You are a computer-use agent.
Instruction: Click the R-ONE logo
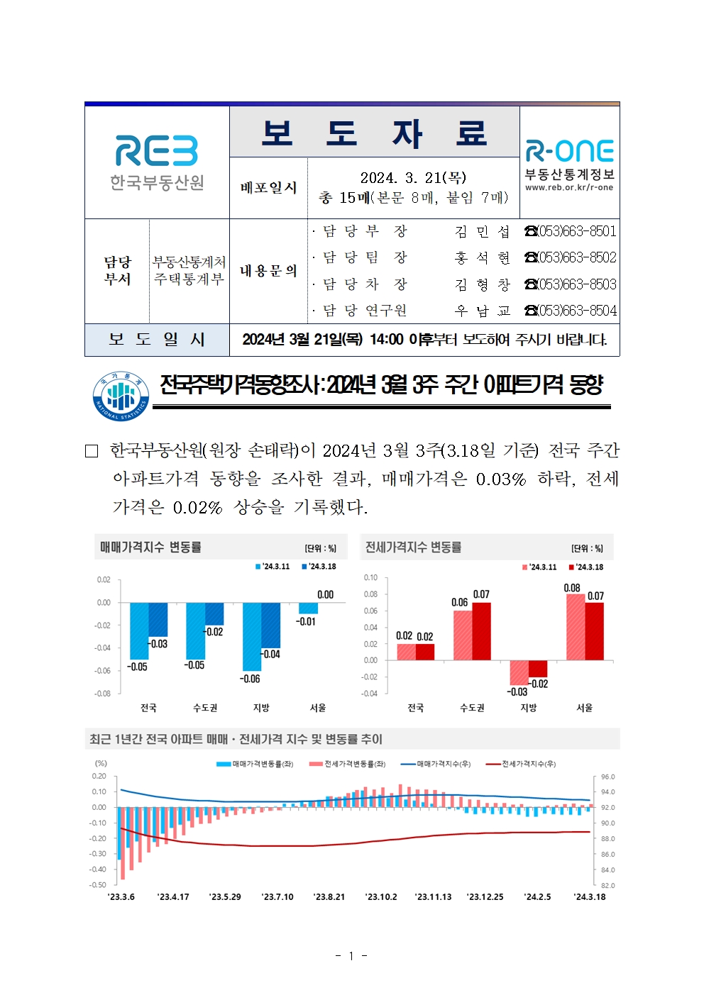tap(569, 150)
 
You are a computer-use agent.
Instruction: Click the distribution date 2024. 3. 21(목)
tap(413, 177)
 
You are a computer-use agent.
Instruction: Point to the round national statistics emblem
tap(121, 396)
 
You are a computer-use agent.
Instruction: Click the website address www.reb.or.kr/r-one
tap(569, 188)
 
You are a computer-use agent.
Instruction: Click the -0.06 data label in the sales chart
tap(250, 679)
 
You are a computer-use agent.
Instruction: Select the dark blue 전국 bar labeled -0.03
tap(158, 619)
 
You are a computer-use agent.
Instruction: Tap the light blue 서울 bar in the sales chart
tap(309, 608)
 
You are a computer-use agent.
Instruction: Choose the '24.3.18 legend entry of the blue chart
tap(319, 567)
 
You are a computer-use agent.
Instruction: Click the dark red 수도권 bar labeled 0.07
tap(481, 631)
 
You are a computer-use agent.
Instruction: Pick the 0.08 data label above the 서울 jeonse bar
tap(572, 588)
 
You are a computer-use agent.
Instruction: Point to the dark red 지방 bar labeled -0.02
tap(538, 669)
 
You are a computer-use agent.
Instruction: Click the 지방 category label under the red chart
tap(529, 708)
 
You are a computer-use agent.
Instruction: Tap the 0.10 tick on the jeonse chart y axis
tap(370, 577)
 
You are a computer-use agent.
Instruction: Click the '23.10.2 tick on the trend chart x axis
tap(381, 897)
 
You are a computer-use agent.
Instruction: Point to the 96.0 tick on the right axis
tap(608, 777)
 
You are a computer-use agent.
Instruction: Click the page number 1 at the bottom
tap(351, 956)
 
